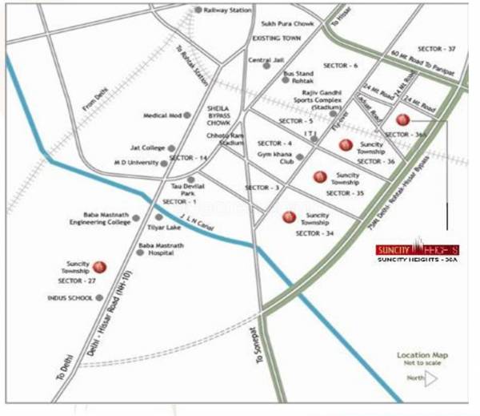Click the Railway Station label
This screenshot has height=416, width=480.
227,10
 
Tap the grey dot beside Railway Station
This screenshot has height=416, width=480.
198,10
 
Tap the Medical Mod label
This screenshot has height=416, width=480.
161,115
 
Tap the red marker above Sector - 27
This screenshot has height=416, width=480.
100,267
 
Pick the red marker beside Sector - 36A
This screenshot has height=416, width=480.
402,119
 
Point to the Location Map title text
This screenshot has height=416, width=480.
422,355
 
